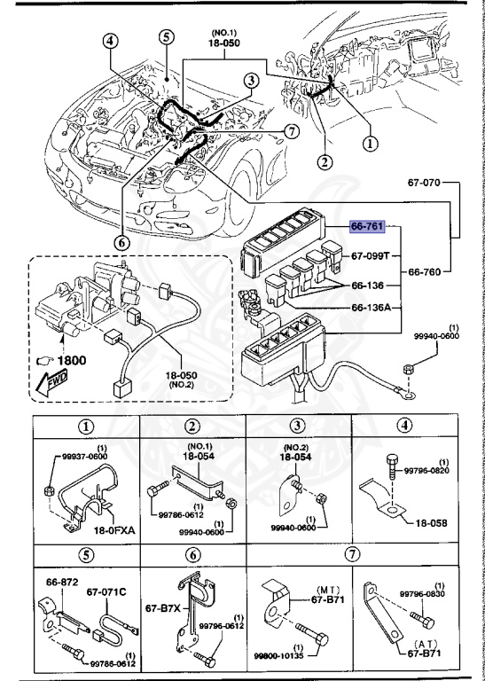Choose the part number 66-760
tap(425, 273)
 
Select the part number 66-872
tap(63, 583)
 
